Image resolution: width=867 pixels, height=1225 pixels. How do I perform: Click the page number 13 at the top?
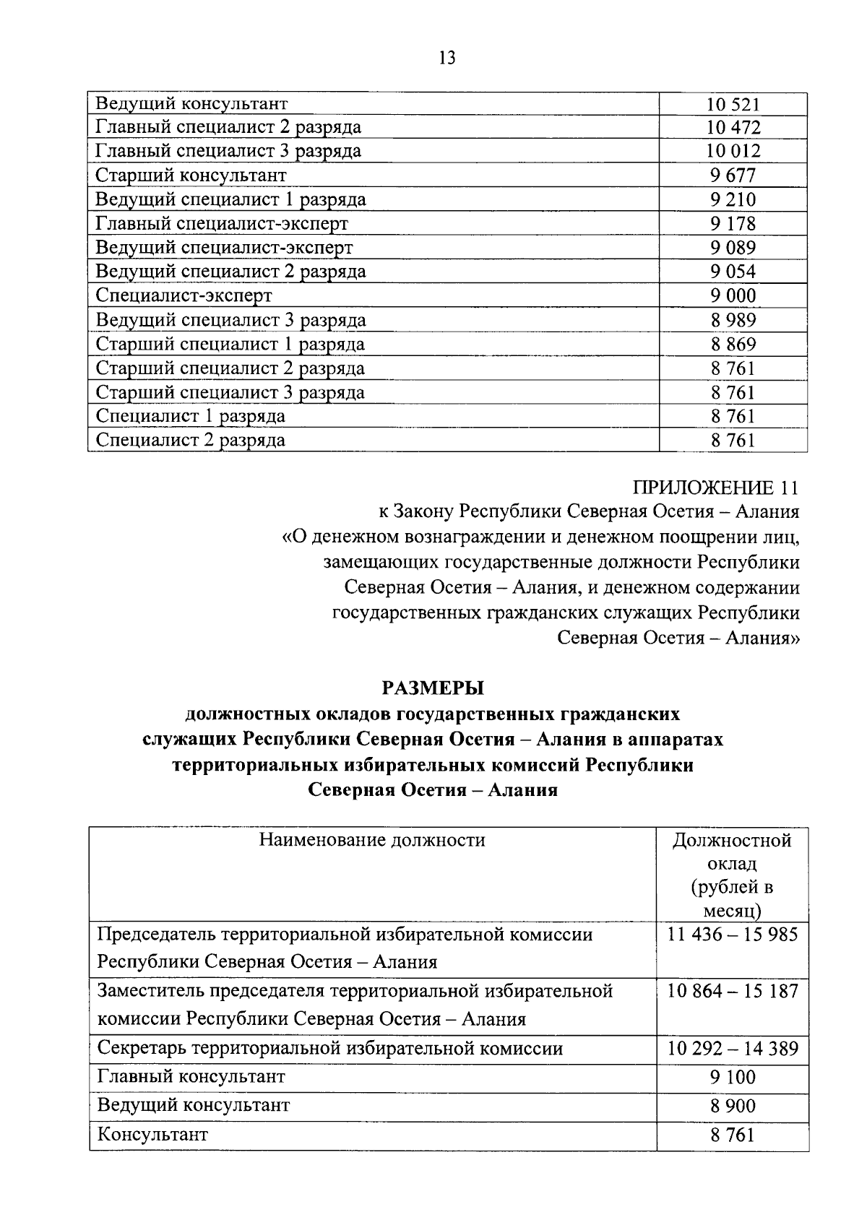447,59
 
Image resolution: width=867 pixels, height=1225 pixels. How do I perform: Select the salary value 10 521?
733,104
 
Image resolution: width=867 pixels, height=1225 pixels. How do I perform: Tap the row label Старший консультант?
191,176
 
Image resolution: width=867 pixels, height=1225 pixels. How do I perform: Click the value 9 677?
733,176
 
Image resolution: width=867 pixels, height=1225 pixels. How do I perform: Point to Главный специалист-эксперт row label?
222,224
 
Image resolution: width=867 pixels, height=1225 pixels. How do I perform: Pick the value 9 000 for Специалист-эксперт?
733,296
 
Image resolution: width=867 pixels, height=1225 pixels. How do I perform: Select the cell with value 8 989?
733,320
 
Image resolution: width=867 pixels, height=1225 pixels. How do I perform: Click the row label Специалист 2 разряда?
191,440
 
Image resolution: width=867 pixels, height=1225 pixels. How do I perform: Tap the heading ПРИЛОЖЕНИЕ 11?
716,488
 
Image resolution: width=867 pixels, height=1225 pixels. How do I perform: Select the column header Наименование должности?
372,840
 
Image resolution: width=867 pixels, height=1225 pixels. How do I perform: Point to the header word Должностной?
732,840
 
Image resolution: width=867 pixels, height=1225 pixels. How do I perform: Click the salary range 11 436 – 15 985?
733,935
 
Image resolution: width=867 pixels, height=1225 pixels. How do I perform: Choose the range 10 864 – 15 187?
733,991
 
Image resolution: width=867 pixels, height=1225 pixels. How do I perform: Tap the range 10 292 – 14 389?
733,1048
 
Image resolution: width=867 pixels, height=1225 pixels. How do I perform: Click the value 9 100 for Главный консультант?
733,1077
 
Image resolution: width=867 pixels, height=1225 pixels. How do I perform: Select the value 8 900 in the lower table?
733,1106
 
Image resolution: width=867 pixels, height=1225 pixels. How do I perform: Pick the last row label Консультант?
152,1134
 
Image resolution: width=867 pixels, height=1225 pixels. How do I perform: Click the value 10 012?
733,151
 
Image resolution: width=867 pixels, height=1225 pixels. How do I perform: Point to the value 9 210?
733,199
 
